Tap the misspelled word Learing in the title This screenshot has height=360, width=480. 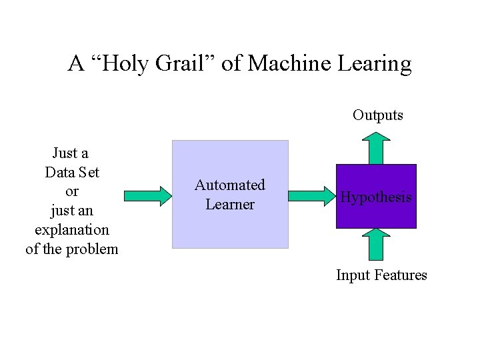click(375, 64)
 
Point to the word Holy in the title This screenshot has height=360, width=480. click(131, 64)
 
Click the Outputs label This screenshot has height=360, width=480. click(377, 115)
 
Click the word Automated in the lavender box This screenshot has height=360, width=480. click(230, 185)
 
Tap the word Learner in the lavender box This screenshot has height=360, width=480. click(230, 205)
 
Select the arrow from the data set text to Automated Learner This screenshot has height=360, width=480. click(147, 195)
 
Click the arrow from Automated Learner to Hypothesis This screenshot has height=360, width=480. click(311, 195)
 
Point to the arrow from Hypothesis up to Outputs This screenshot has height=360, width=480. click(377, 148)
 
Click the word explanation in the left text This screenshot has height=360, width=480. click(72, 230)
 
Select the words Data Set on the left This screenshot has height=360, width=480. click(72, 173)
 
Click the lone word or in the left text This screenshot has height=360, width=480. click(72, 192)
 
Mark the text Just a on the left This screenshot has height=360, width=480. click(71, 153)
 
